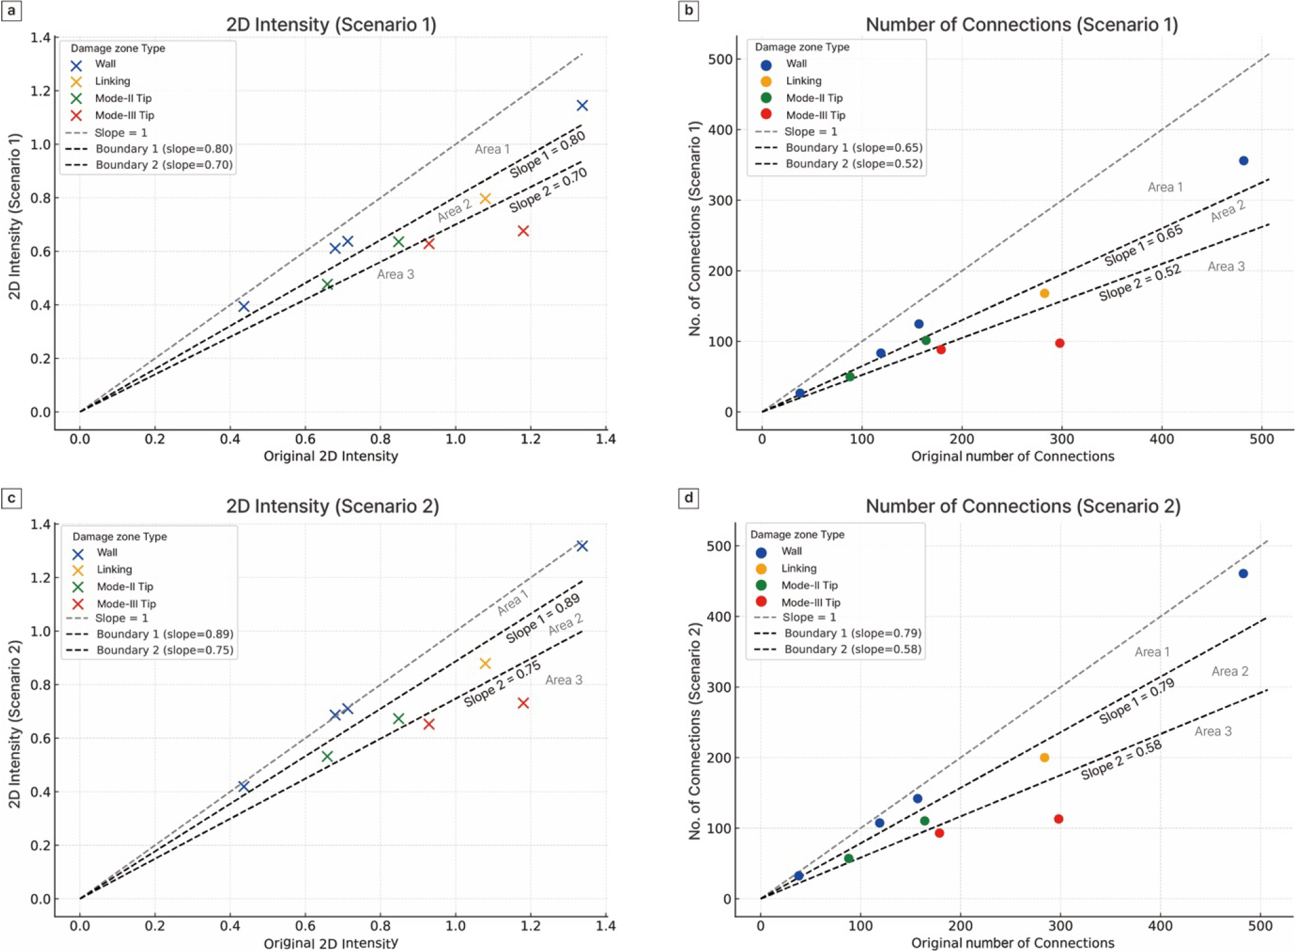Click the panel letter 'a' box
(x=11, y=11)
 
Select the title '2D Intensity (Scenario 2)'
(x=332, y=506)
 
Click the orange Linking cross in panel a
(x=485, y=199)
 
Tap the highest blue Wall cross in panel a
(x=582, y=105)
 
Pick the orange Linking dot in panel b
(x=1044, y=294)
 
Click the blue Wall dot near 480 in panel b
(x=1243, y=161)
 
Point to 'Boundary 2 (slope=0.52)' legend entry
(x=853, y=164)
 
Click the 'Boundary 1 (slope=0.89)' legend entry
(x=164, y=634)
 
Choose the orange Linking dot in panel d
(x=1044, y=758)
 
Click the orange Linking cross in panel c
(x=485, y=664)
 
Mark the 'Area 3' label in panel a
(x=396, y=274)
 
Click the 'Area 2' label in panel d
(x=1229, y=671)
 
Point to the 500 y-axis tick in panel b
(x=720, y=59)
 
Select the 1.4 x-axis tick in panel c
(x=605, y=925)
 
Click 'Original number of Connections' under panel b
(x=1012, y=457)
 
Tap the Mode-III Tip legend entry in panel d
(x=810, y=603)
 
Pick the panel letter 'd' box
(x=688, y=498)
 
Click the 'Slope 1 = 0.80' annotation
(x=547, y=154)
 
